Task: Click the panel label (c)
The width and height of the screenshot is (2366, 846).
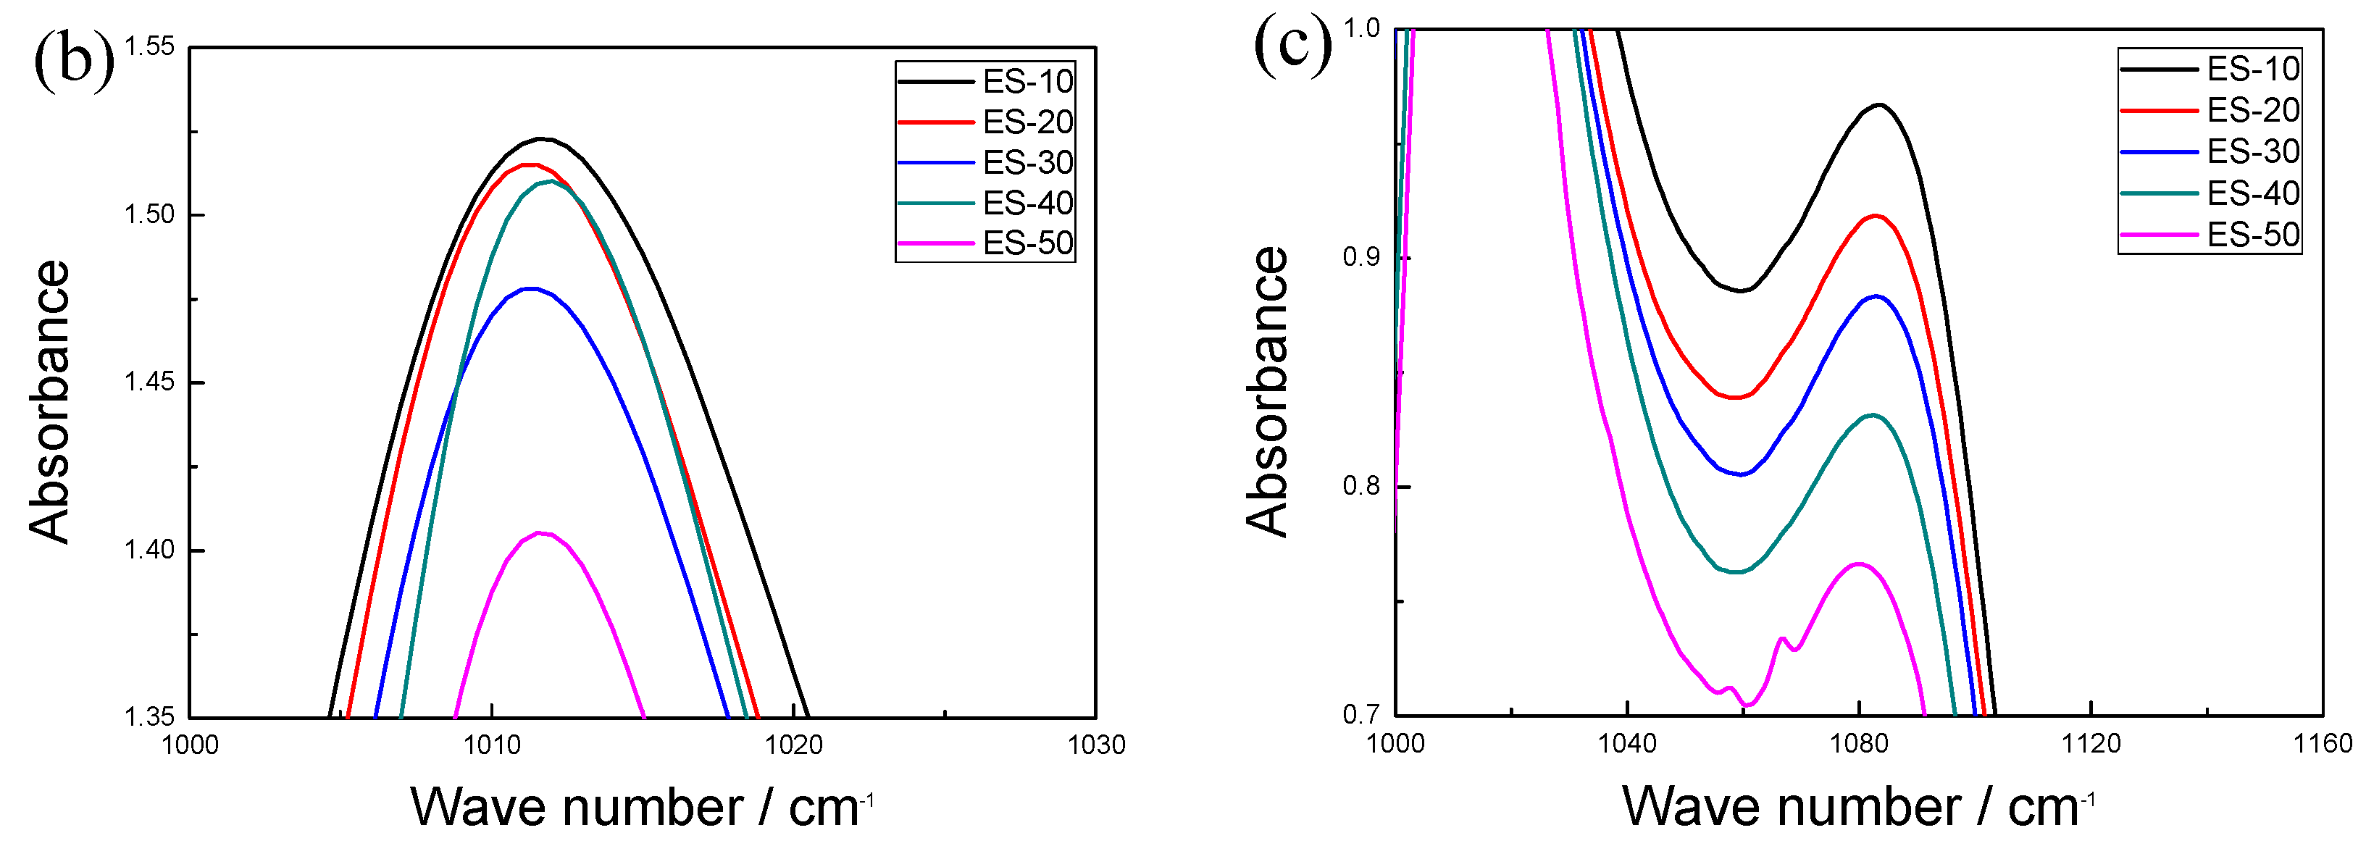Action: pos(1292,43)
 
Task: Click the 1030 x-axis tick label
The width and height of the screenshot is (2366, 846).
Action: pos(1096,745)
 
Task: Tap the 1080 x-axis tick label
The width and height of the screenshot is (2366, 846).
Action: pos(1859,743)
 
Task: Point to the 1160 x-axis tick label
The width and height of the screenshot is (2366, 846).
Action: pos(2323,743)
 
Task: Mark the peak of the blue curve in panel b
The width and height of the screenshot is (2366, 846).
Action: pos(531,288)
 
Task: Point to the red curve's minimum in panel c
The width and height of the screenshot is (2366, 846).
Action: pos(1735,398)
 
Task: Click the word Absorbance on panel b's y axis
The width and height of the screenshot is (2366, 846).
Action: pos(49,402)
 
